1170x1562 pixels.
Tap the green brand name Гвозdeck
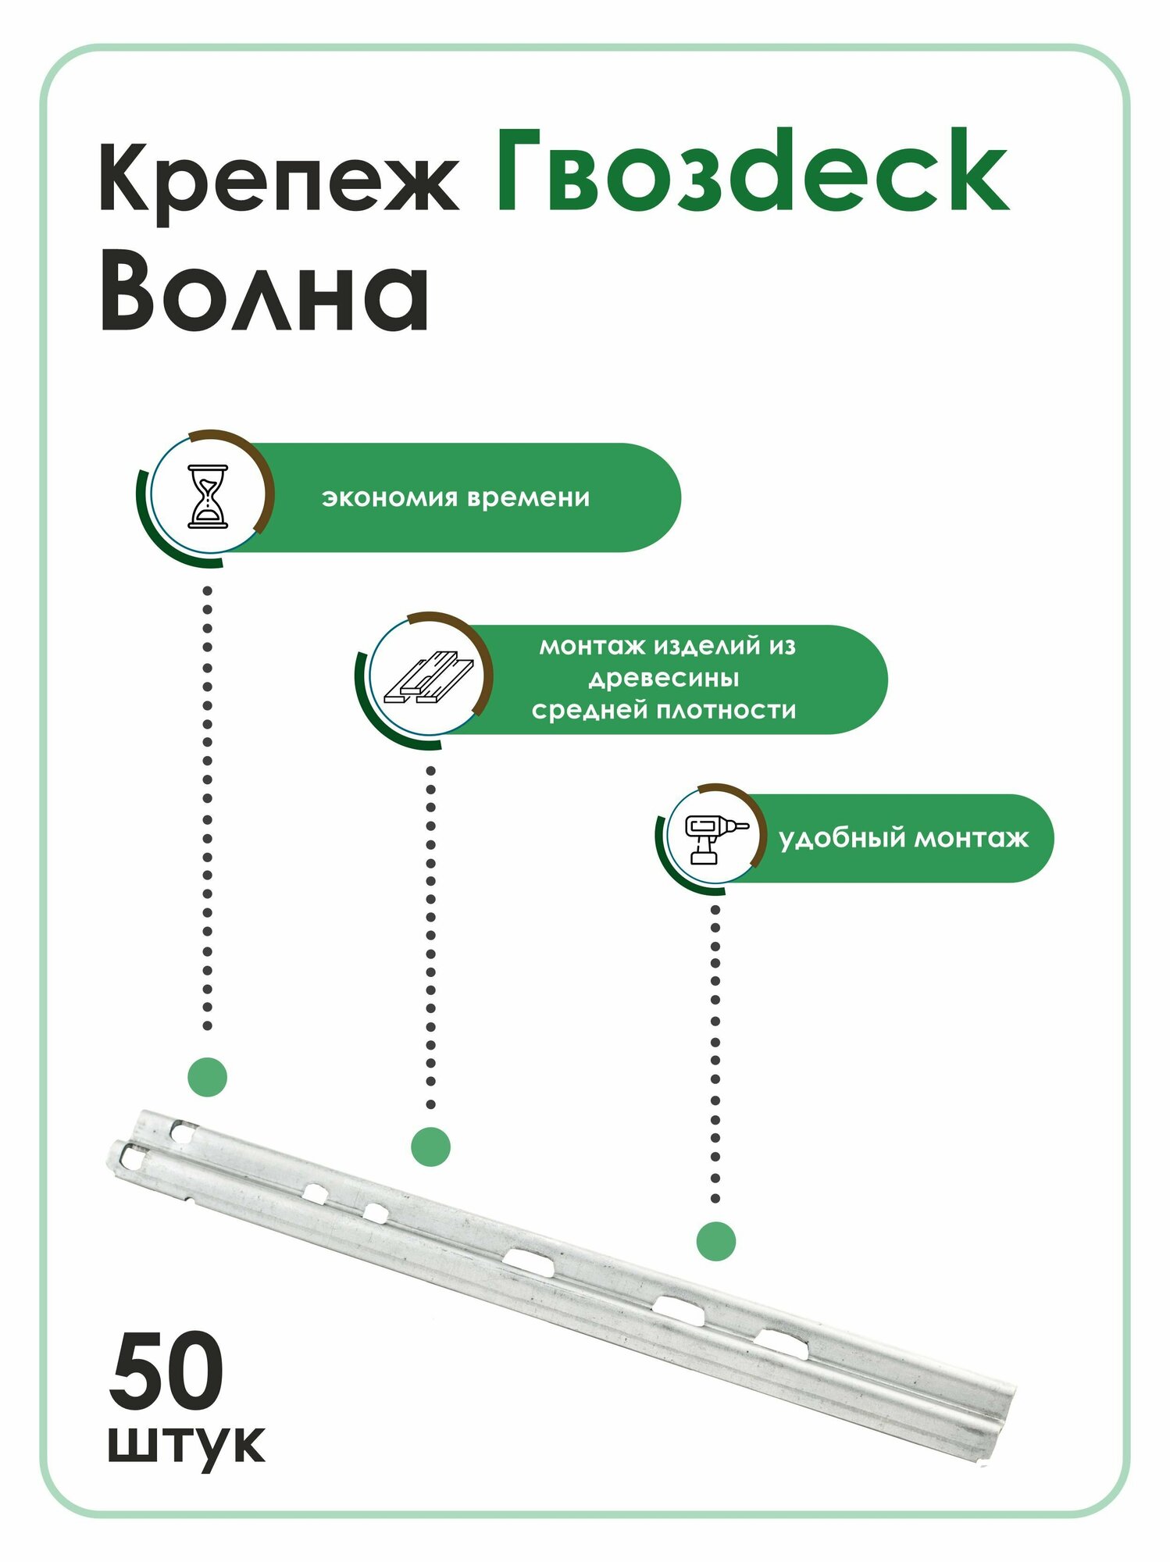(x=751, y=172)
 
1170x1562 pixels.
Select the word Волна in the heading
(x=264, y=295)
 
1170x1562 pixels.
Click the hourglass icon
(x=209, y=496)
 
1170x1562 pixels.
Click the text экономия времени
(x=455, y=497)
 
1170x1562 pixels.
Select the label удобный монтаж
(x=904, y=839)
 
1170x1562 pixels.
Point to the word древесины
(x=663, y=678)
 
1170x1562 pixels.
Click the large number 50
(x=166, y=1372)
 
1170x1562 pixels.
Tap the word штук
(x=186, y=1445)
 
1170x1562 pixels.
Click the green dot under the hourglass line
(x=208, y=1078)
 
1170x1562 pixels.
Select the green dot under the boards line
(x=430, y=1147)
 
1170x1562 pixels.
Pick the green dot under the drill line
(x=715, y=1241)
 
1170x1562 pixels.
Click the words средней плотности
(x=663, y=711)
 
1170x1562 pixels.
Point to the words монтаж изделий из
(x=667, y=646)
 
